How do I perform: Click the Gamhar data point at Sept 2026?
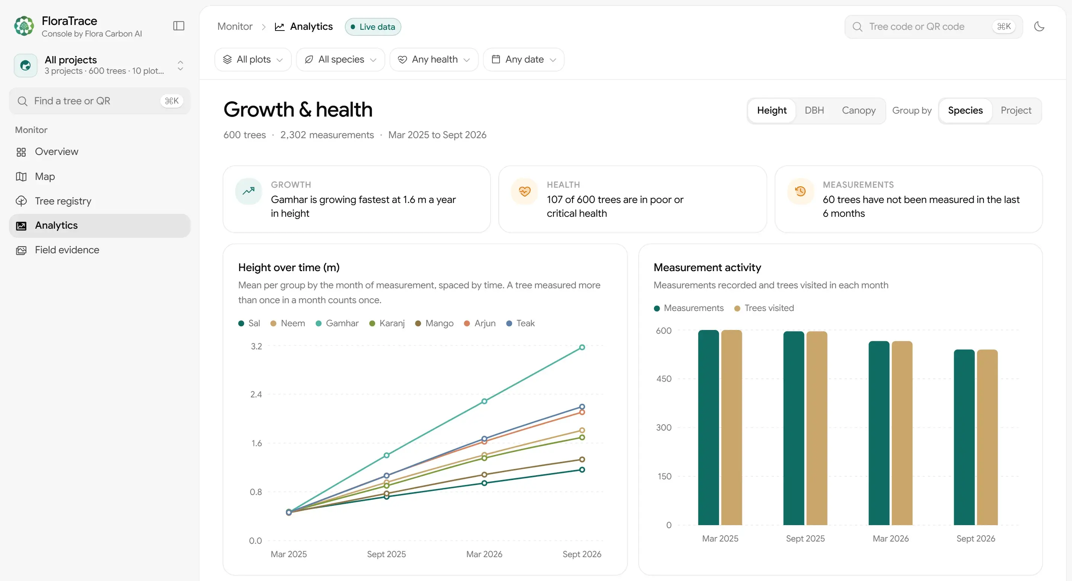coord(582,347)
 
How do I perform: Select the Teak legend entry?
coord(520,323)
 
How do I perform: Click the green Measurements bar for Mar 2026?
coord(878,433)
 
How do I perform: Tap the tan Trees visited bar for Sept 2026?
coord(987,437)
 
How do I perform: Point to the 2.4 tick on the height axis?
coord(256,394)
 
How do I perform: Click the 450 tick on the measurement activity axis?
coord(664,379)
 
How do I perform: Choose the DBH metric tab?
coord(814,110)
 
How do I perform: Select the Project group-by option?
coord(1016,110)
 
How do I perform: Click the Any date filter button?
coord(523,60)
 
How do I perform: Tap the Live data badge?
coord(373,27)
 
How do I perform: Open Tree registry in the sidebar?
coord(63,201)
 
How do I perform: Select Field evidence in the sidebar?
coord(67,250)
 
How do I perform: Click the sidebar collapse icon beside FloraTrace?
coord(179,26)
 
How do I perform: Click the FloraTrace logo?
coord(24,26)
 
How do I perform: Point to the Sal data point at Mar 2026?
coord(484,483)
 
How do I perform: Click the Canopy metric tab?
coord(858,110)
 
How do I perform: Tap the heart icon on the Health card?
coord(525,191)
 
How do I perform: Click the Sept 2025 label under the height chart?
coord(386,554)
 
